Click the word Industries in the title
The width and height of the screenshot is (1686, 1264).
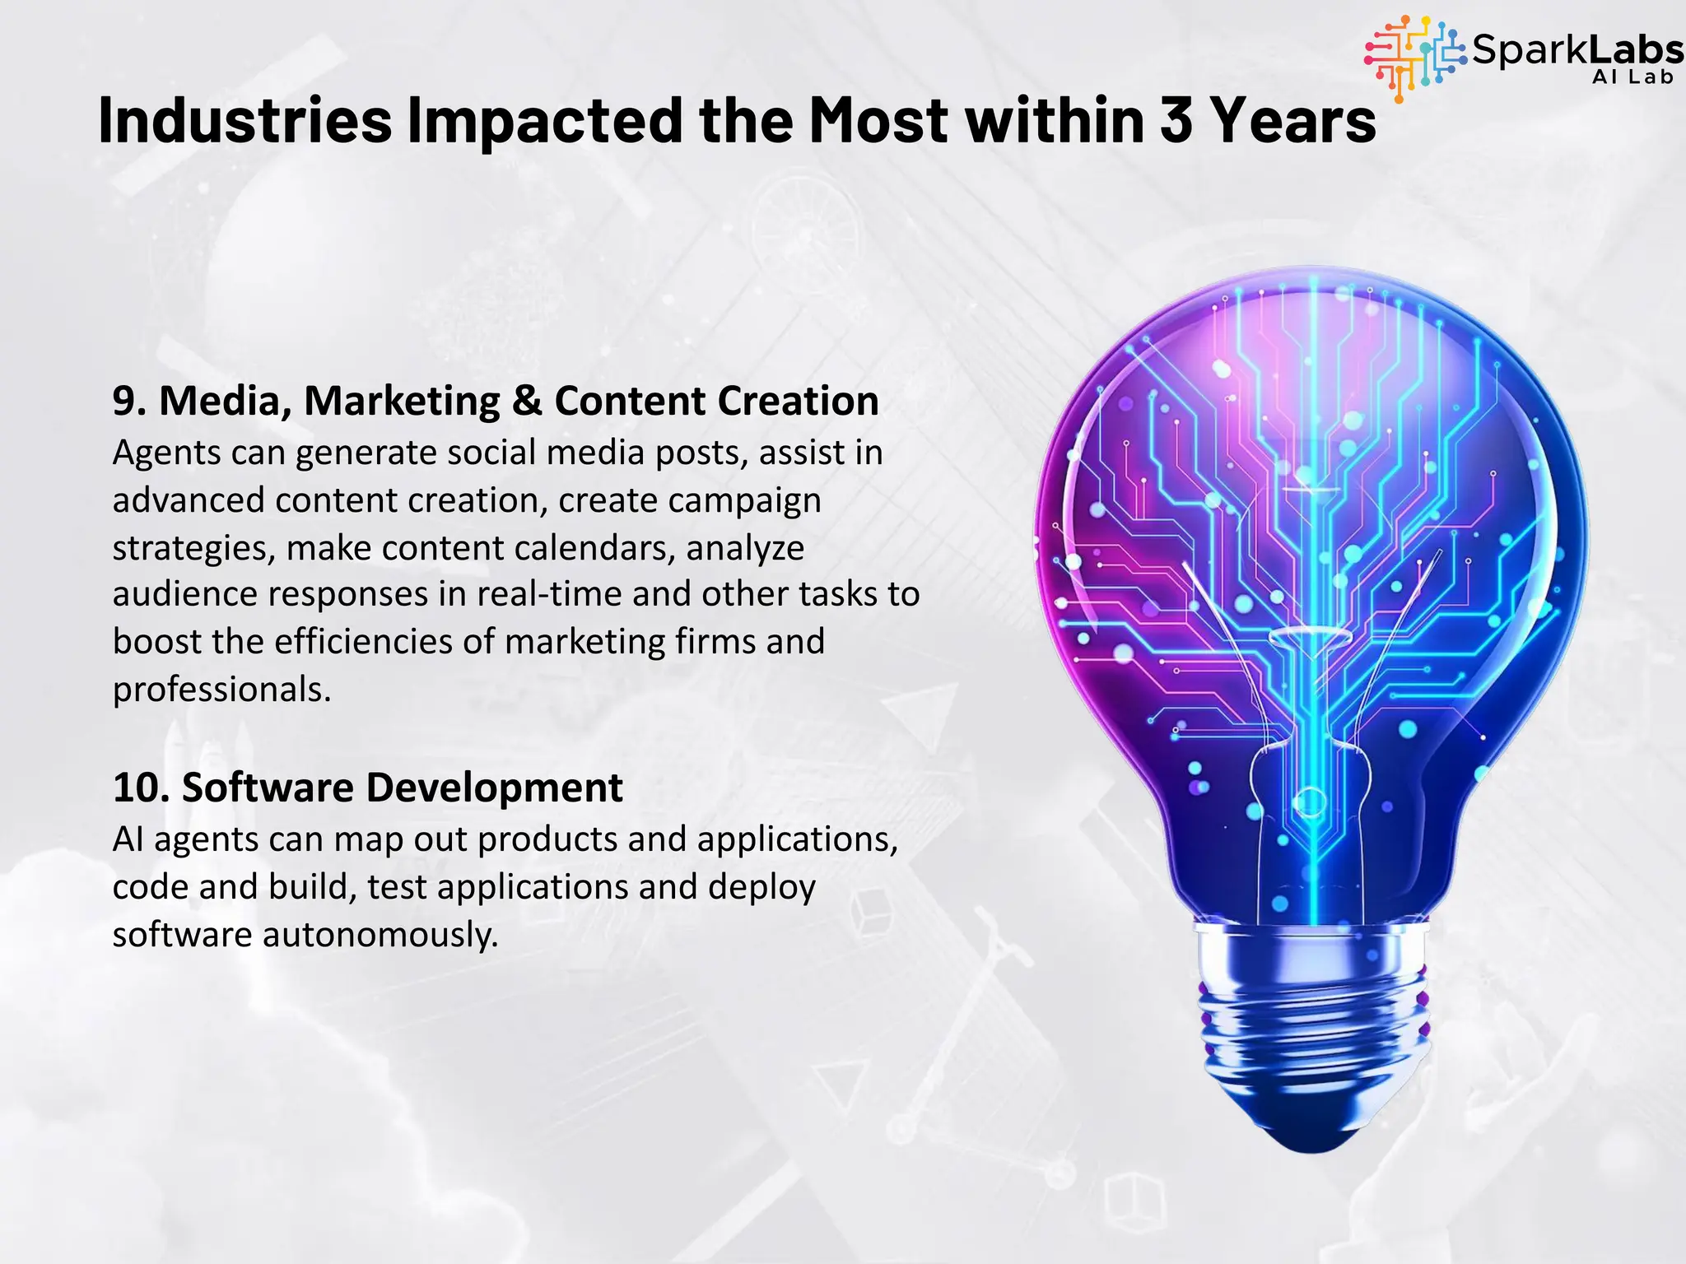click(245, 120)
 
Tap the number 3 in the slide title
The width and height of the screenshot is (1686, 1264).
click(1176, 120)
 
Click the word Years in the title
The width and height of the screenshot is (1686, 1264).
click(1292, 120)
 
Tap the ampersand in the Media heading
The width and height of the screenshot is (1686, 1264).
click(527, 402)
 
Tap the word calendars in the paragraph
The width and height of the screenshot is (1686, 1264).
click(591, 547)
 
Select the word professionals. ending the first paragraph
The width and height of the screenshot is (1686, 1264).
click(221, 690)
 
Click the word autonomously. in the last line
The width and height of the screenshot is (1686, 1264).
click(380, 935)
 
